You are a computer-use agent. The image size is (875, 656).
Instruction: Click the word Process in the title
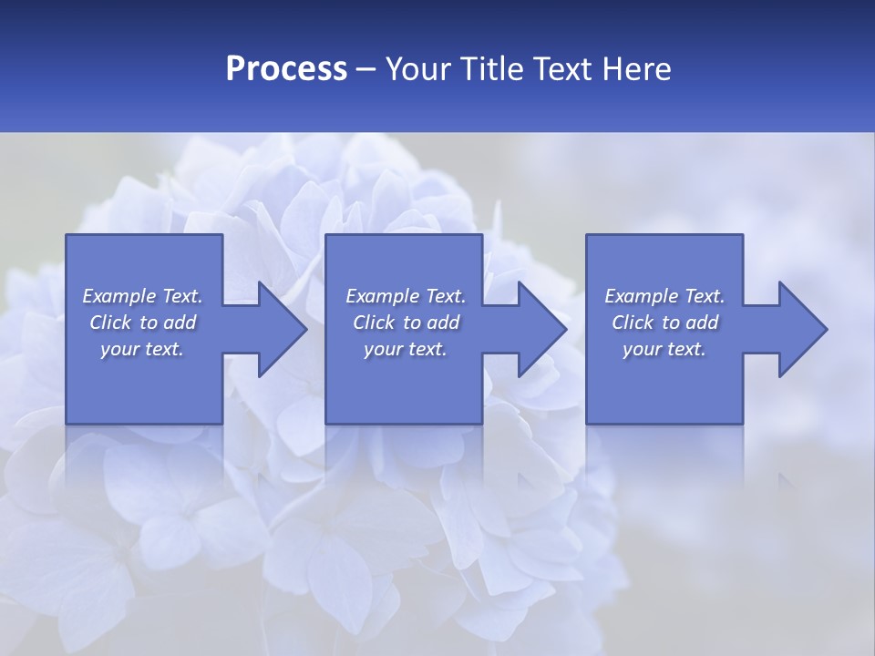click(286, 69)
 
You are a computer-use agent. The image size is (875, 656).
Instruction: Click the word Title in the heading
click(488, 69)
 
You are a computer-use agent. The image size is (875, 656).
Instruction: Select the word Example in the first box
click(119, 296)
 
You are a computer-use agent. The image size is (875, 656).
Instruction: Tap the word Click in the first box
click(110, 323)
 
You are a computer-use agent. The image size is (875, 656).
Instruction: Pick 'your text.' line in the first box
click(142, 349)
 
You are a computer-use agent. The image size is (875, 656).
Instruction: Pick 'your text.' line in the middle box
click(406, 349)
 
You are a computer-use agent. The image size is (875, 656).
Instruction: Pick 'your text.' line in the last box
click(664, 349)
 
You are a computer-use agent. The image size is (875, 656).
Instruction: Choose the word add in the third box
click(703, 323)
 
